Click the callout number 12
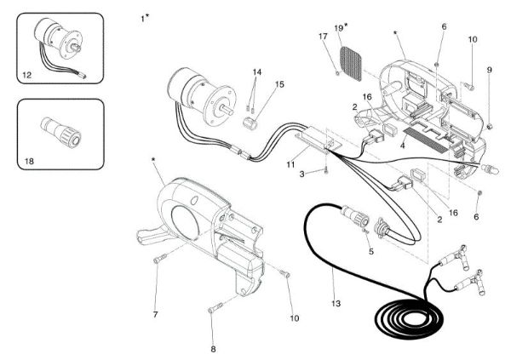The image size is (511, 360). pyautogui.click(x=27, y=75)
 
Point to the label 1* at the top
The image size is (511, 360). pyautogui.click(x=146, y=17)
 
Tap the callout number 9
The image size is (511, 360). pyautogui.click(x=490, y=69)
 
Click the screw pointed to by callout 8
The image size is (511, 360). pyautogui.click(x=215, y=306)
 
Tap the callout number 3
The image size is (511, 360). pyautogui.click(x=301, y=174)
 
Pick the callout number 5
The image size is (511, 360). pyautogui.click(x=370, y=252)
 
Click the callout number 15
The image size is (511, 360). pyautogui.click(x=279, y=84)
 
